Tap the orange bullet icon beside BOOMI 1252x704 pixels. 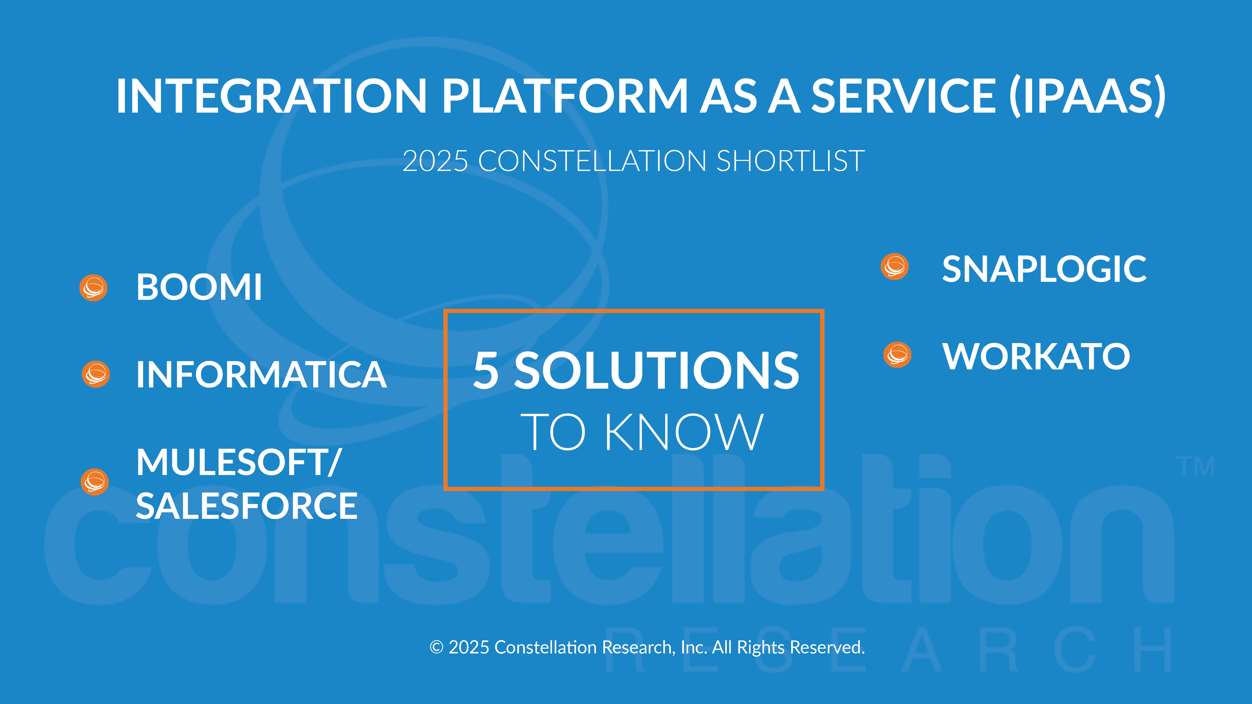coord(93,288)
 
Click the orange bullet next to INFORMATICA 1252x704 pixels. coord(96,374)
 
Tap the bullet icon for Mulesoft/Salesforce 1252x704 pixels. coord(94,482)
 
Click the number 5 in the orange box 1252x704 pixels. coord(486,370)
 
